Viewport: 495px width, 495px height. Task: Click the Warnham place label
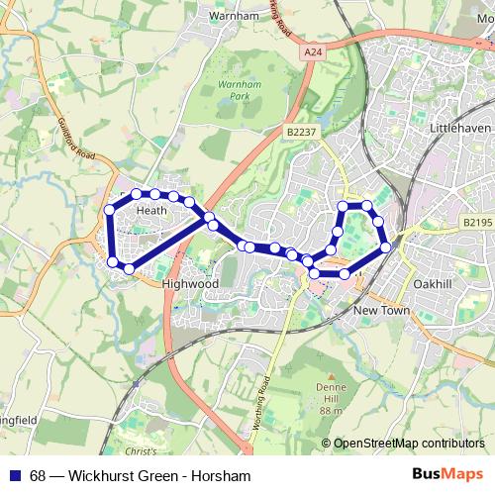pyautogui.click(x=233, y=16)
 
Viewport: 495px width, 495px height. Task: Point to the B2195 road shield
pyautogui.click(x=477, y=224)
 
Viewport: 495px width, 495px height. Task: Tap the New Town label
pyautogui.click(x=381, y=311)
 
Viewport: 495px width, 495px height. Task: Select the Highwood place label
pyautogui.click(x=189, y=283)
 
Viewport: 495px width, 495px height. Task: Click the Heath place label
pyautogui.click(x=151, y=210)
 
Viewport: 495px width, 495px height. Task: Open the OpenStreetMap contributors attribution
pyautogui.click(x=409, y=444)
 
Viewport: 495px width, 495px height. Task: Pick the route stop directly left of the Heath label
pyautogui.click(x=110, y=210)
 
